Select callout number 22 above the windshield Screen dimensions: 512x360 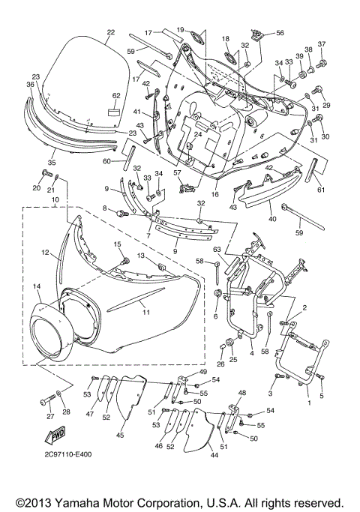[x=110, y=32]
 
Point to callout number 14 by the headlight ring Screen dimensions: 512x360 [x=35, y=287]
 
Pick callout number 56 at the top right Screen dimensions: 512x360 [x=280, y=34]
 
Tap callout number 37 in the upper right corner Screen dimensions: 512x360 [x=322, y=44]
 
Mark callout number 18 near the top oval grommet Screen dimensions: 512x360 [x=224, y=38]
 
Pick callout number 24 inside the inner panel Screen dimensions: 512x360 [x=197, y=136]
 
